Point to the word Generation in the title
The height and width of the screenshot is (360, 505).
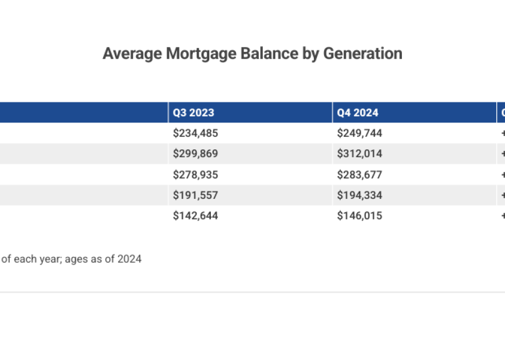tap(363, 54)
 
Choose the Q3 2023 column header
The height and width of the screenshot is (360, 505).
tap(194, 113)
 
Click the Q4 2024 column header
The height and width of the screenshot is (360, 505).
tap(358, 113)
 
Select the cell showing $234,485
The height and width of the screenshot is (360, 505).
tap(196, 133)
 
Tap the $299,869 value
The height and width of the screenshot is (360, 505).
tap(196, 154)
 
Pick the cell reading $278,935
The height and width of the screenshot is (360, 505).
tap(196, 175)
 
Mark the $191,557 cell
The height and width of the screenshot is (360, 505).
tap(196, 195)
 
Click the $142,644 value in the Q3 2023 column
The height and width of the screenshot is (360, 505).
tap(196, 216)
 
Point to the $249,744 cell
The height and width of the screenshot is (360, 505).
tap(360, 133)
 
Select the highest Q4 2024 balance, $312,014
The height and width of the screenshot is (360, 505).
tap(360, 154)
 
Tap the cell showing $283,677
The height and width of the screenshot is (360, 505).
tap(360, 175)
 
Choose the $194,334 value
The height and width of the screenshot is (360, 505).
tap(360, 195)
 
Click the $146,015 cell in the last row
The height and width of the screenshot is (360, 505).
tap(360, 216)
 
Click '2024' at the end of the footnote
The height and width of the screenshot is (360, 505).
tap(129, 259)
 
